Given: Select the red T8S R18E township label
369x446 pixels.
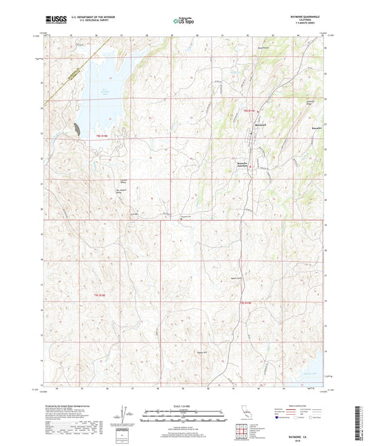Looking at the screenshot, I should pyautogui.click(x=101, y=135).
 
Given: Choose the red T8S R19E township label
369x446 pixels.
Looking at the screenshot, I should pyautogui.click(x=249, y=110).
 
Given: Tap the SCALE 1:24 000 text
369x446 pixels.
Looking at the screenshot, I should pyautogui.click(x=183, y=405).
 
